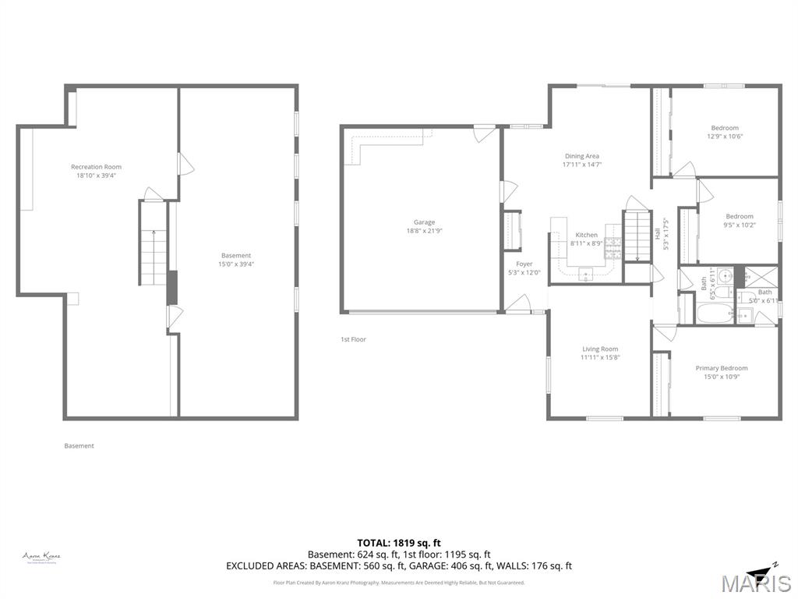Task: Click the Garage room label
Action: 424,222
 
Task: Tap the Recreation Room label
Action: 96,167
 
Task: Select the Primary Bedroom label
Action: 721,368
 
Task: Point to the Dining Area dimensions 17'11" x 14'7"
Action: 581,165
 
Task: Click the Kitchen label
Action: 586,235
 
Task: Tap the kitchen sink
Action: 585,272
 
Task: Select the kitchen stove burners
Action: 613,249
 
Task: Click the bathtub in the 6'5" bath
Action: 714,316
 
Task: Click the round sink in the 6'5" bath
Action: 725,275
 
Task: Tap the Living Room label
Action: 599,349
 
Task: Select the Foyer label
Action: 524,264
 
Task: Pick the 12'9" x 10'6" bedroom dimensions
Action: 724,136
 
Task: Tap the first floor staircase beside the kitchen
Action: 637,235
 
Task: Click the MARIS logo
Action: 755,582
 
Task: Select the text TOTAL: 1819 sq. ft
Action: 399,543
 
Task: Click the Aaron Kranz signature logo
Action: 41,557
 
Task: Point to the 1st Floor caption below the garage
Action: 353,339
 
